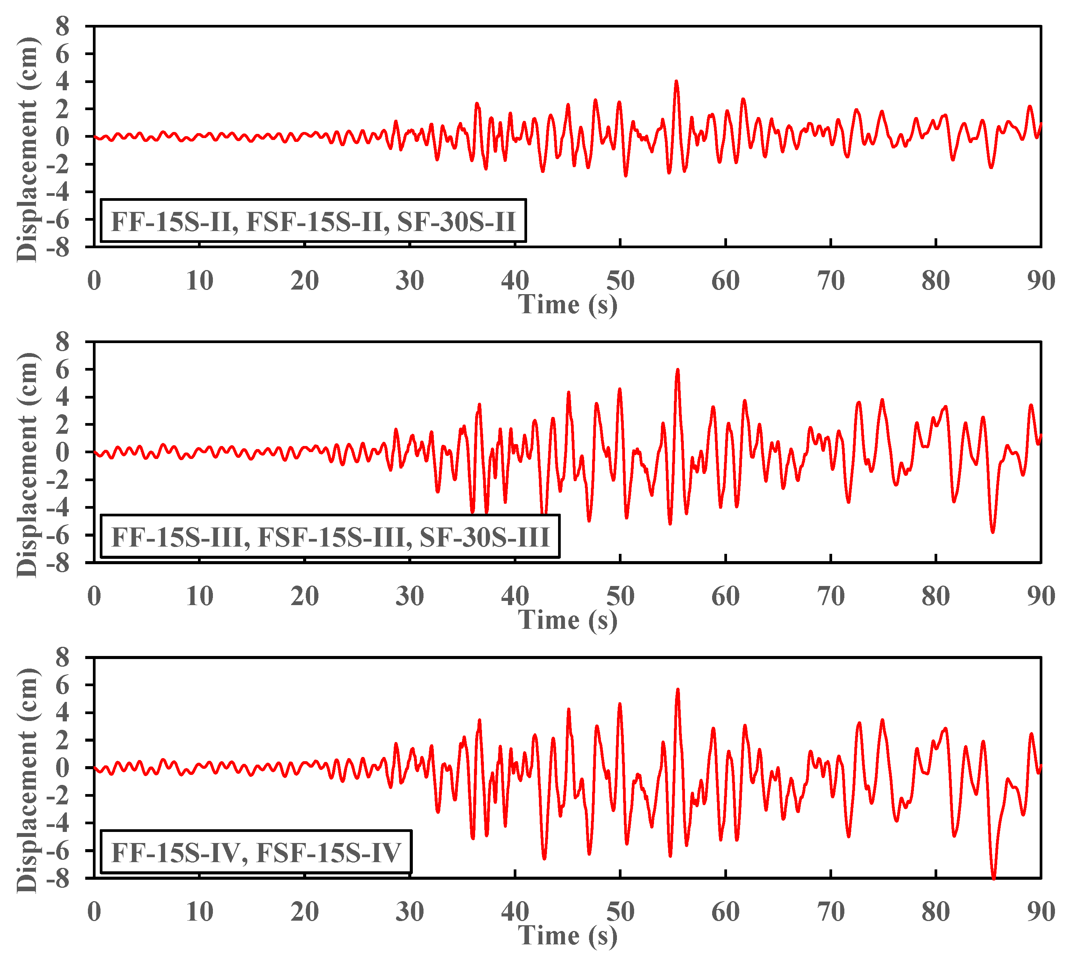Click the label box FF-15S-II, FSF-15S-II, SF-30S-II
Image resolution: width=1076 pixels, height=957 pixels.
click(x=313, y=221)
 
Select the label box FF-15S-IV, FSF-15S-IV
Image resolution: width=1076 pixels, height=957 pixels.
click(x=256, y=853)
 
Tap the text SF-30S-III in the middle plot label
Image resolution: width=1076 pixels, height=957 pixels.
click(x=484, y=538)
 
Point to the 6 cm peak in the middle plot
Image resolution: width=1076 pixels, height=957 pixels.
click(x=677, y=370)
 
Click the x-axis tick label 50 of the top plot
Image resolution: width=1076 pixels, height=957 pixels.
click(x=620, y=281)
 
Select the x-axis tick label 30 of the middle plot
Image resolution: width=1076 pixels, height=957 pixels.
click(x=409, y=596)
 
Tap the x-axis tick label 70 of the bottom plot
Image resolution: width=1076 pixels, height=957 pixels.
click(x=831, y=912)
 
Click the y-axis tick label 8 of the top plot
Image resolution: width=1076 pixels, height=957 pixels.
click(x=63, y=26)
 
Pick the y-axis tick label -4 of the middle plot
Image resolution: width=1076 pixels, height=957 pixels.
click(x=58, y=507)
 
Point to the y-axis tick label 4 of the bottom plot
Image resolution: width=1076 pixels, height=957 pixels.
click(x=63, y=713)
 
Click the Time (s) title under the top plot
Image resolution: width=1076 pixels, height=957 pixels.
click(x=568, y=304)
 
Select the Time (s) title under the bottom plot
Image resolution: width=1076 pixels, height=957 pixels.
click(x=568, y=936)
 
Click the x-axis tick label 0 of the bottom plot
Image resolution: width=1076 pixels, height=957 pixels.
click(x=94, y=912)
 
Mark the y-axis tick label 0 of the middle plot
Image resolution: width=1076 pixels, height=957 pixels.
click(x=63, y=452)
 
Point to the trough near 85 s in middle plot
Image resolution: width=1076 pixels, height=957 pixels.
click(x=992, y=532)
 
